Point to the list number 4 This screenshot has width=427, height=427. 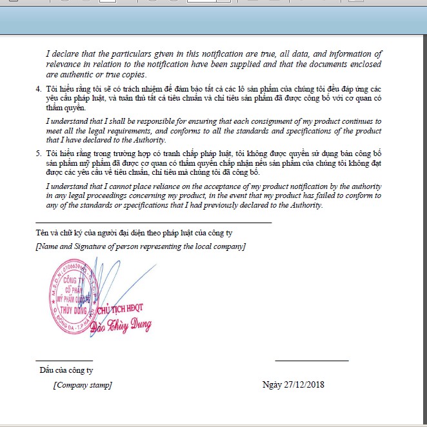tap(37, 87)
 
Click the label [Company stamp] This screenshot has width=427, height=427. tap(82, 385)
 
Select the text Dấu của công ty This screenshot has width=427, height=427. tap(66, 370)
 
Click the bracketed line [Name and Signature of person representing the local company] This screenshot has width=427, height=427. tap(141, 246)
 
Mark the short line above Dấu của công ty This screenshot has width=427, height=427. tap(64, 361)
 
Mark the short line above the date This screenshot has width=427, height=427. tap(312, 361)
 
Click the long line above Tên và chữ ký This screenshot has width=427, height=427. tap(154, 223)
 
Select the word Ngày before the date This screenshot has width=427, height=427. tap(272, 385)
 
